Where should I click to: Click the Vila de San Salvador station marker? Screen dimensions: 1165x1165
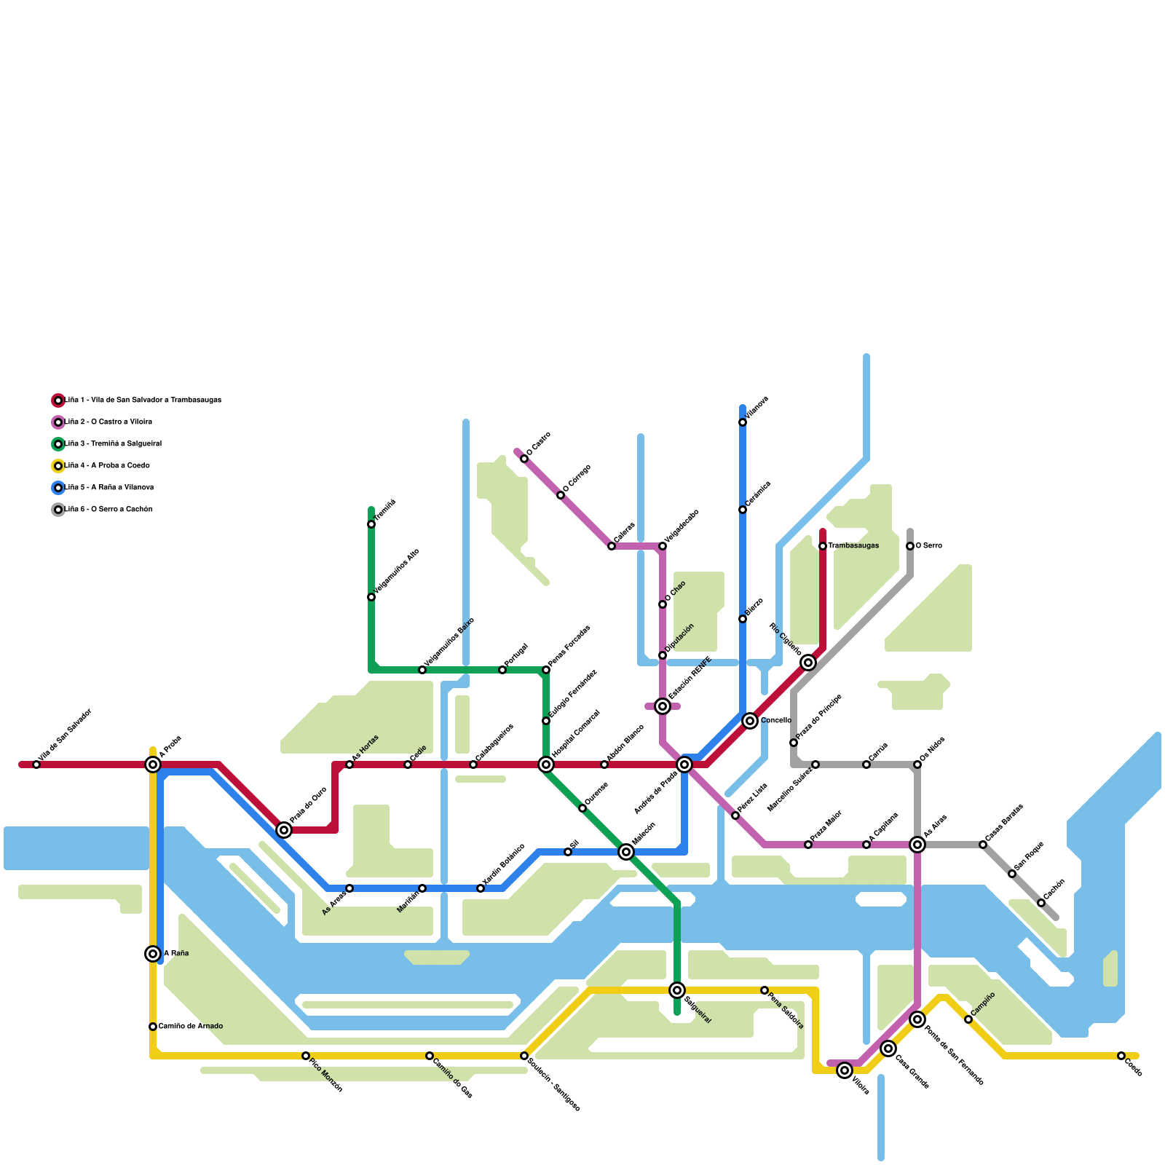pos(36,765)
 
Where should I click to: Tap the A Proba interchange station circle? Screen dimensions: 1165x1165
pos(153,765)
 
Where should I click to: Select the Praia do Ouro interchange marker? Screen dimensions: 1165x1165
pos(284,830)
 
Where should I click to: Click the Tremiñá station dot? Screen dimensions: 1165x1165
pos(371,524)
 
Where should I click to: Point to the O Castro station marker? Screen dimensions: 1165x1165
pos(524,459)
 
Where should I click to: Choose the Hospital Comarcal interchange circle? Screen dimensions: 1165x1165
pos(546,765)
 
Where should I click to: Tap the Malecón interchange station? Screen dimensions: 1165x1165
pos(626,852)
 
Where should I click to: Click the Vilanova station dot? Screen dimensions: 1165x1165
pos(743,422)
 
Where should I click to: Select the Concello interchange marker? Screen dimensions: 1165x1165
pos(750,721)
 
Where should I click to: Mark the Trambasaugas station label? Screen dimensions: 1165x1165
pos(853,546)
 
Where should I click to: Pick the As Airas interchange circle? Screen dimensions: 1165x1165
pos(917,845)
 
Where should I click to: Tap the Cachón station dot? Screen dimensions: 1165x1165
pos(1041,903)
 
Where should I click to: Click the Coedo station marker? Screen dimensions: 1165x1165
pos(1121,1056)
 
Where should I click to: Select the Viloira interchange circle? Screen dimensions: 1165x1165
pos(845,1070)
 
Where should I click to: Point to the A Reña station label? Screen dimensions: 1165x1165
pos(176,954)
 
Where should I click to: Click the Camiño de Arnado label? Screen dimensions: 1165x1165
pos(191,1027)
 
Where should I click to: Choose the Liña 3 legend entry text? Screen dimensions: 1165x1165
pos(114,444)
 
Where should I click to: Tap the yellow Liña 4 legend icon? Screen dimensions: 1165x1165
pos(58,466)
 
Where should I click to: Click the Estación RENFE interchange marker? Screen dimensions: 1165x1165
pos(663,706)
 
